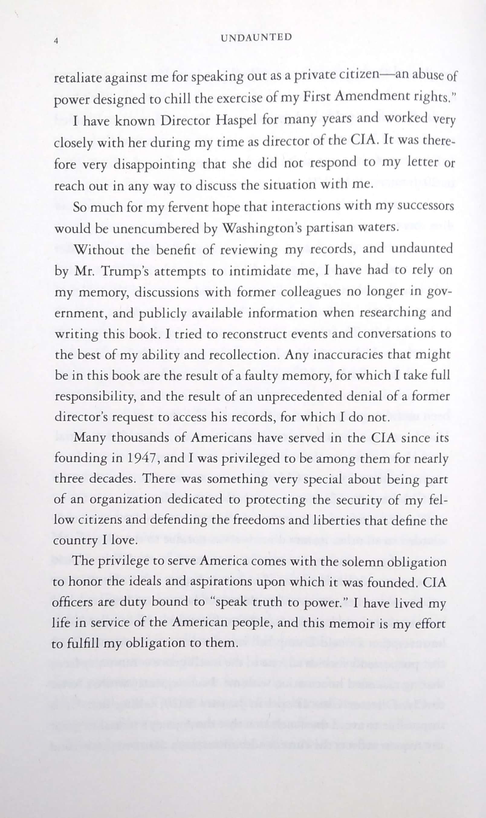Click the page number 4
(x=56, y=41)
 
